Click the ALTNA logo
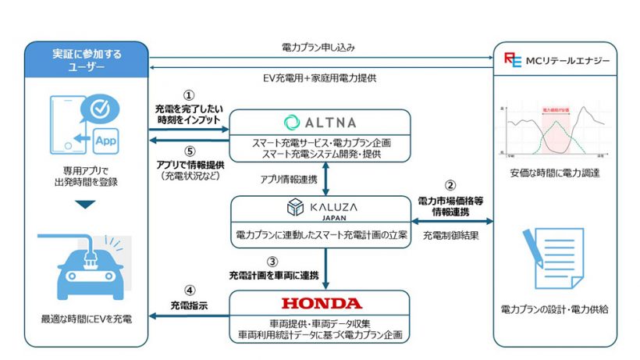coord(319,122)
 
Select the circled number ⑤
coord(187,152)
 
